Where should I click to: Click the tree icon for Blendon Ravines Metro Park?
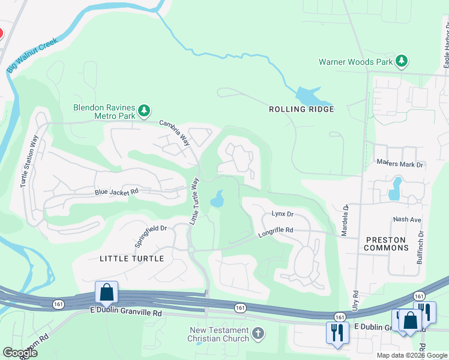[x=144, y=110]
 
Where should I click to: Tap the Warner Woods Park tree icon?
[x=402, y=61]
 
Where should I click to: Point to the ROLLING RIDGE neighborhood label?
[x=301, y=109]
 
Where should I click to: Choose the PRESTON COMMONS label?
[x=385, y=244]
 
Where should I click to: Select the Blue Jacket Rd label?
[x=116, y=192]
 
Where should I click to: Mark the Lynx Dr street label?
[x=282, y=214]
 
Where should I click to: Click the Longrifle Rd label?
[x=276, y=230]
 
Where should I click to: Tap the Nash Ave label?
[x=407, y=220]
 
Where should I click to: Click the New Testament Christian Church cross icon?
[x=258, y=332]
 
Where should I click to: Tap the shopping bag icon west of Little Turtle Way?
[x=107, y=292]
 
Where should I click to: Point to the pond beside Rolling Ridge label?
[x=310, y=95]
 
